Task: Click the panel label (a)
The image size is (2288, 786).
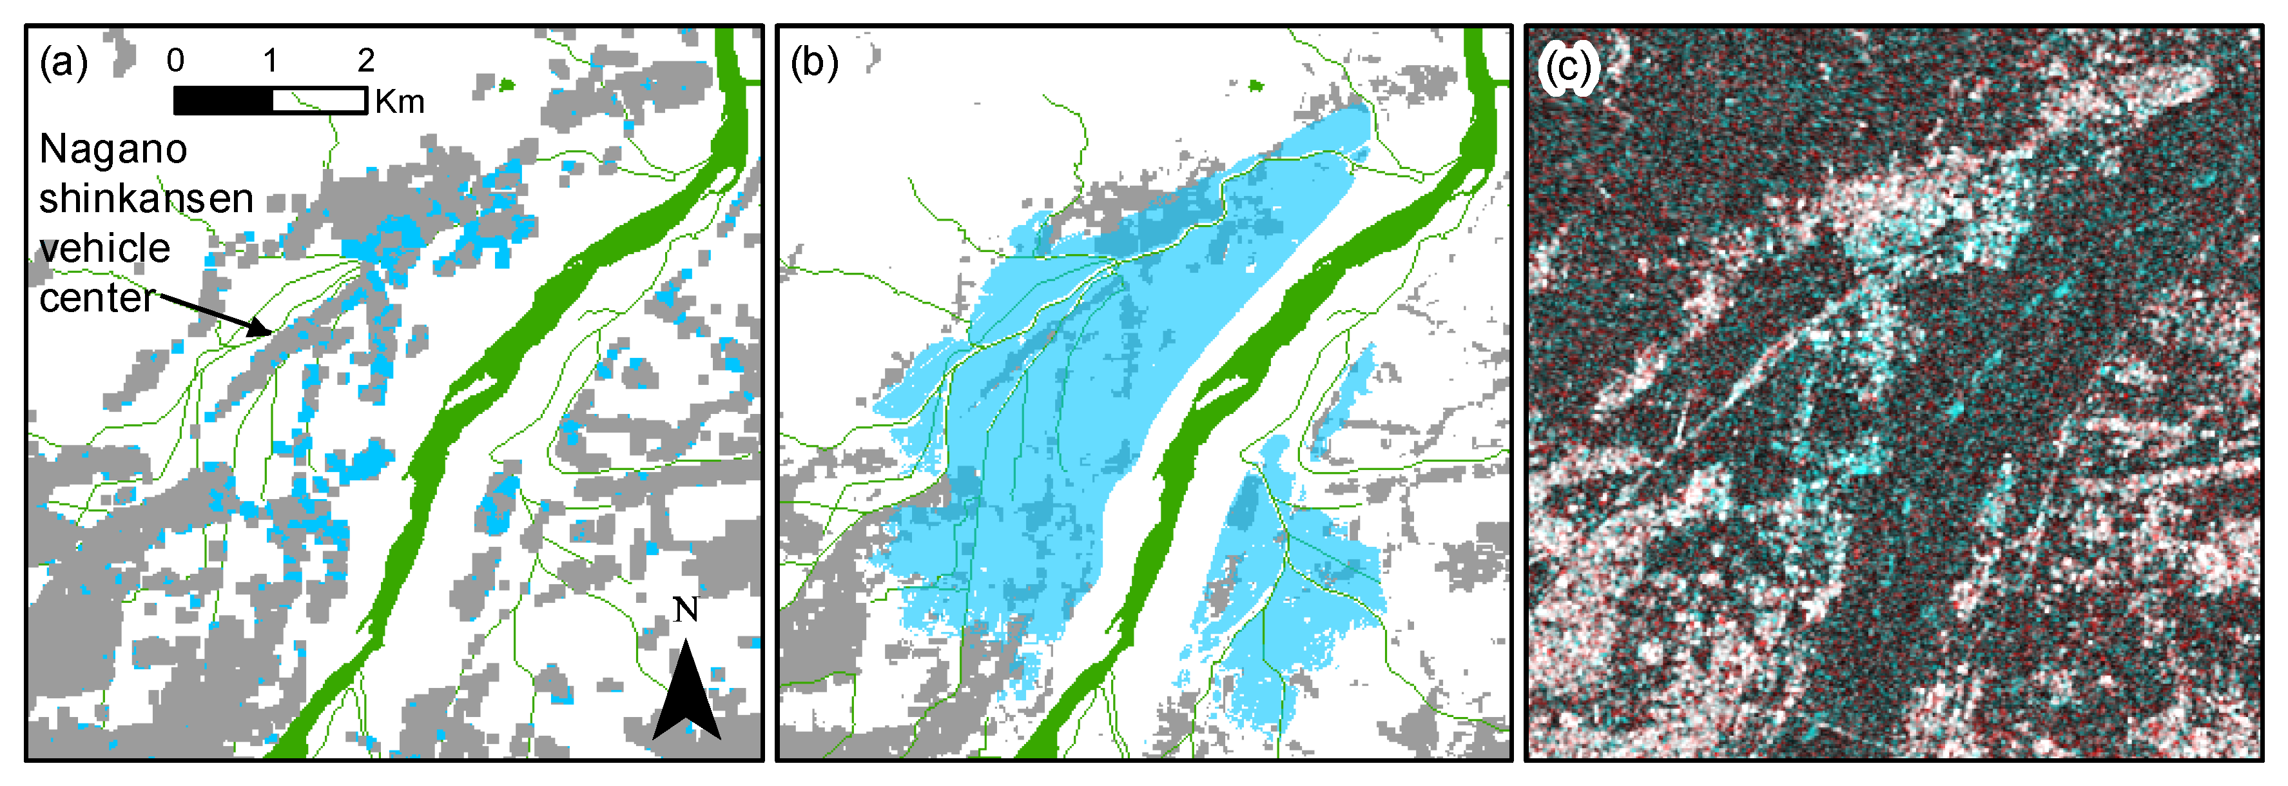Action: (x=63, y=64)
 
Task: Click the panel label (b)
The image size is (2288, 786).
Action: (x=813, y=64)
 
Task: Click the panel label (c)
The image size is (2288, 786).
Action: (x=1569, y=66)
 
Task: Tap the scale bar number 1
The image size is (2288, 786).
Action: (x=270, y=61)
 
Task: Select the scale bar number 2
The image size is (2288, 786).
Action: (x=366, y=61)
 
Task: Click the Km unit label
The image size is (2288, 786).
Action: (x=400, y=102)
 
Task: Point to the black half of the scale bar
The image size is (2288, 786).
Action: (x=223, y=101)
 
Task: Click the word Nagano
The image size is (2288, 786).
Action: (x=113, y=149)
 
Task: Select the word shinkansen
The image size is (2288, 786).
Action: (x=146, y=198)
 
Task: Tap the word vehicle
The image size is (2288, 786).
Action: (x=105, y=248)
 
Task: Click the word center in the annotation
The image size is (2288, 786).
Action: (x=97, y=297)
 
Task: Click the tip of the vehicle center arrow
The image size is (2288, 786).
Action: (x=271, y=334)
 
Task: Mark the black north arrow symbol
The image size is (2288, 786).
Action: (x=686, y=697)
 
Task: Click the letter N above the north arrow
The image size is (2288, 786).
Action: (x=686, y=610)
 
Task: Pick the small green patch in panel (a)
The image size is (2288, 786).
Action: (x=507, y=85)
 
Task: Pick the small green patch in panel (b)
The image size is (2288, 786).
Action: (x=1256, y=85)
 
